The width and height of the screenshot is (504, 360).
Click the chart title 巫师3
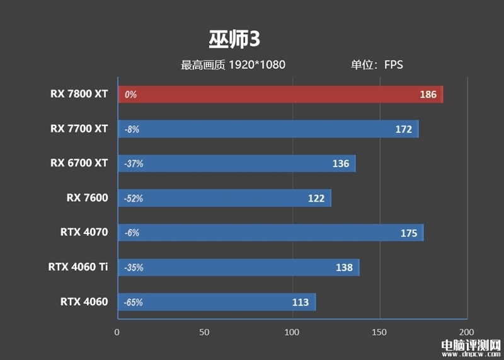234,39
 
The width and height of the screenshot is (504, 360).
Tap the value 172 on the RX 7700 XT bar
404,129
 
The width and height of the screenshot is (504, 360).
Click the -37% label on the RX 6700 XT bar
134,164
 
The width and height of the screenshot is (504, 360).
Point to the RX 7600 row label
87,198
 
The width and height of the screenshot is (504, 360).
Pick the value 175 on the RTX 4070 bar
409,233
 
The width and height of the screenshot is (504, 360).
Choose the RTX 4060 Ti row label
78,267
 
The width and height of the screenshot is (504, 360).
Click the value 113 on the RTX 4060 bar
301,302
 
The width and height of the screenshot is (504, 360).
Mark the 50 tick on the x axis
204,332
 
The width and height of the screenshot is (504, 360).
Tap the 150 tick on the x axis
379,332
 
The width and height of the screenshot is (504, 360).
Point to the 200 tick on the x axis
466,332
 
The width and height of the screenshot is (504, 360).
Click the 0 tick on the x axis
117,332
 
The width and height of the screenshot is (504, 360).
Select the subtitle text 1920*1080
257,64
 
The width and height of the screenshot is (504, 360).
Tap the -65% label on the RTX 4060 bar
134,302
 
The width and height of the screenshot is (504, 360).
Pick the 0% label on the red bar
130,95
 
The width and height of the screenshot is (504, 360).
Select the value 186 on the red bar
428,95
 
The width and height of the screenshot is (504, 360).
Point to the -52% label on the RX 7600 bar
134,199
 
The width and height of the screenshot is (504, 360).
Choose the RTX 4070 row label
84,232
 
